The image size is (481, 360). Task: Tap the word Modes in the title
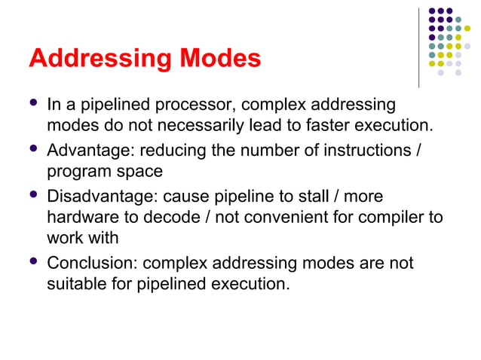point(221,58)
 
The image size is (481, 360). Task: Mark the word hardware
point(78,218)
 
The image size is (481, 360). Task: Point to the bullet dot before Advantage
point(32,150)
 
